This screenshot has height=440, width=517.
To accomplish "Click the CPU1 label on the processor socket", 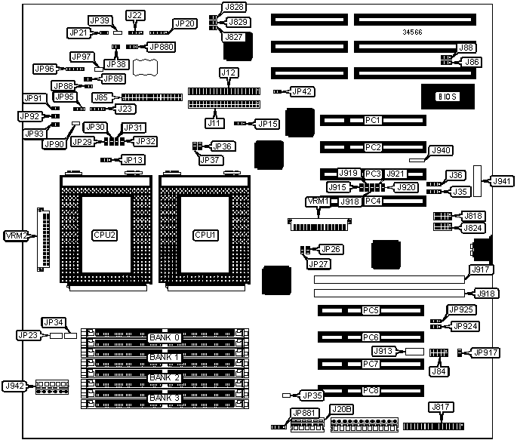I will coord(205,235).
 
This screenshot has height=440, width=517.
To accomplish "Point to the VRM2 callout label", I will coord(16,235).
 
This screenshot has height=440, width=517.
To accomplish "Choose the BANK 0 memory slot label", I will coord(165,337).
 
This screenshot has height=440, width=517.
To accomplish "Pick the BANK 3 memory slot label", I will coord(165,397).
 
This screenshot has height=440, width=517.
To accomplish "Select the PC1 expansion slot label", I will coord(372,121).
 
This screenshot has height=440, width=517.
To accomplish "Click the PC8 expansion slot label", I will coord(370,391).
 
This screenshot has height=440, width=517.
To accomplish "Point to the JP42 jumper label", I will coord(303,91).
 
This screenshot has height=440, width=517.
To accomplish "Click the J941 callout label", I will coord(501,181).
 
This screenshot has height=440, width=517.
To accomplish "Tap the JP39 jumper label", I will coord(100,20).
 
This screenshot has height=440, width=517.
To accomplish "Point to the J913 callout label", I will coord(383,351).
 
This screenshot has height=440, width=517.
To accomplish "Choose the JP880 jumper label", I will coord(161,47).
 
